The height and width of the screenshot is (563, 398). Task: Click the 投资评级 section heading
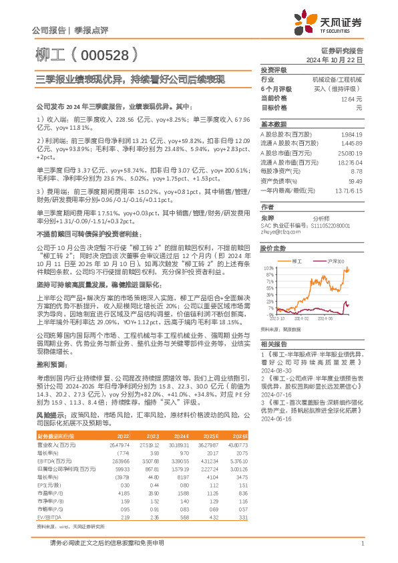click(x=274, y=70)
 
